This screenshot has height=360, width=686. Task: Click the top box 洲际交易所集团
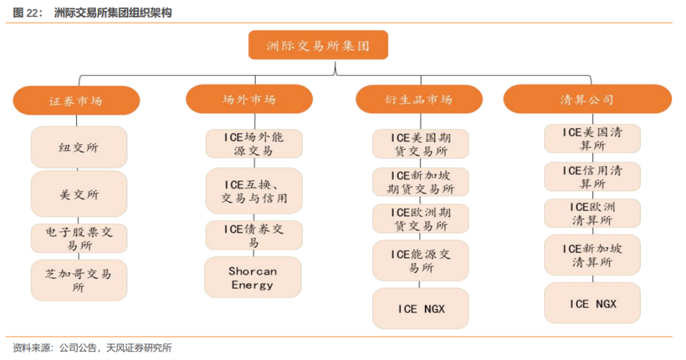318,45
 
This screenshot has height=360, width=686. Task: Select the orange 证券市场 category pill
77,100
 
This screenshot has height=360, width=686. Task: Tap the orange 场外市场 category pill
250,99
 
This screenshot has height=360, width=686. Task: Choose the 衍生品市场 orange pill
419,99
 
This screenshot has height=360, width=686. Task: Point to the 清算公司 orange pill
588,99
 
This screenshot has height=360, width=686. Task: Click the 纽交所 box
79,147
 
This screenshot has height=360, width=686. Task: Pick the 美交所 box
79,194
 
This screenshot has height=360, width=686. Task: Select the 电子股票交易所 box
79,238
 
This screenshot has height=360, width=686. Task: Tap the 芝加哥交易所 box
79,280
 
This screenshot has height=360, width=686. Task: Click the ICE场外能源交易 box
254,143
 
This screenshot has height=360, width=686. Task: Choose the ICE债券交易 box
254,236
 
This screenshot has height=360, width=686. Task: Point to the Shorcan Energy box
253,277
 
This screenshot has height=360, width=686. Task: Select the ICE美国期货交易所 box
421,144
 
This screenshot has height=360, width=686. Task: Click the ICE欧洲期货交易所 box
421,218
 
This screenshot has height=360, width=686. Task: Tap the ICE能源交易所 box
421,261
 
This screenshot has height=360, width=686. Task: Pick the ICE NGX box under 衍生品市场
421,309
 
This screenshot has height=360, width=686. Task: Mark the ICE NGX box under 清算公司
593,303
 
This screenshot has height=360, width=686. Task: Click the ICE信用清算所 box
593,177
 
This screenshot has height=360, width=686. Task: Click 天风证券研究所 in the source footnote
138,348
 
